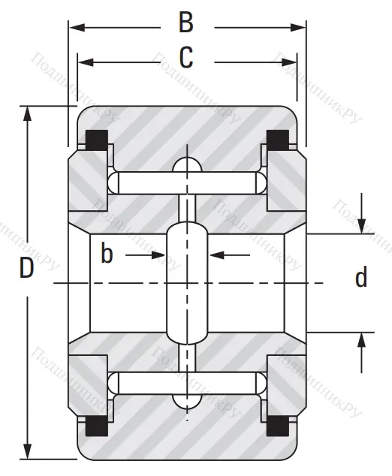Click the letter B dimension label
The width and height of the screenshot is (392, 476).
point(185,23)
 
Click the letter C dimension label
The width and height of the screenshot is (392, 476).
point(185,57)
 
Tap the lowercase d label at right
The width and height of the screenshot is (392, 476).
point(361,279)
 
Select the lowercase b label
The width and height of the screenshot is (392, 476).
point(107,255)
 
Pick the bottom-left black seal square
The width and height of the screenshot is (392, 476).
point(96,426)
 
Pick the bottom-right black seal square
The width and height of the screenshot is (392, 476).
point(278,426)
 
